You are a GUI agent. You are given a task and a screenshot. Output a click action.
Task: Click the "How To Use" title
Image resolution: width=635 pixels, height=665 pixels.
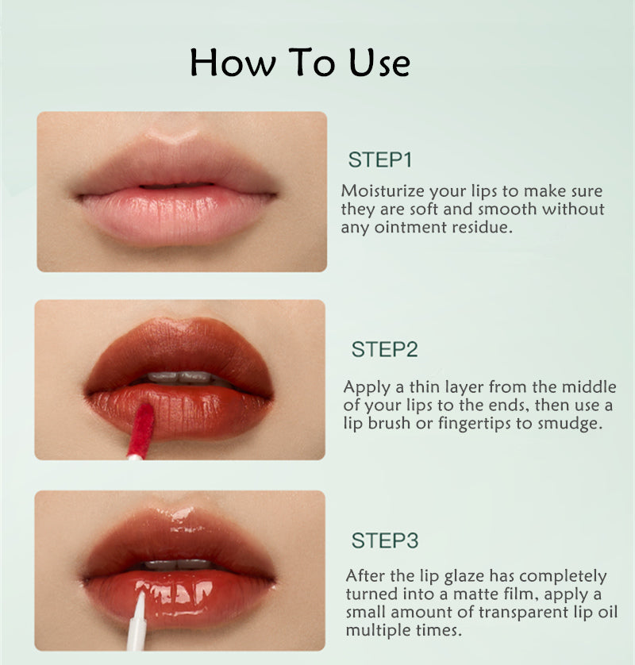tap(300, 62)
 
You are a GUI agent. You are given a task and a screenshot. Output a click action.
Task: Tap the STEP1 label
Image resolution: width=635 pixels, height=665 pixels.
tap(380, 160)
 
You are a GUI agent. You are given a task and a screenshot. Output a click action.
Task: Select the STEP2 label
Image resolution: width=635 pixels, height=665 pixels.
tap(384, 349)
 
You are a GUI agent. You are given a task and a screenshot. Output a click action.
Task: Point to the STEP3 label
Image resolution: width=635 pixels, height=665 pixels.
tap(384, 541)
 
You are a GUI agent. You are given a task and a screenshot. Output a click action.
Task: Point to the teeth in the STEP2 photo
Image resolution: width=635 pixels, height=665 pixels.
tap(179, 378)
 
